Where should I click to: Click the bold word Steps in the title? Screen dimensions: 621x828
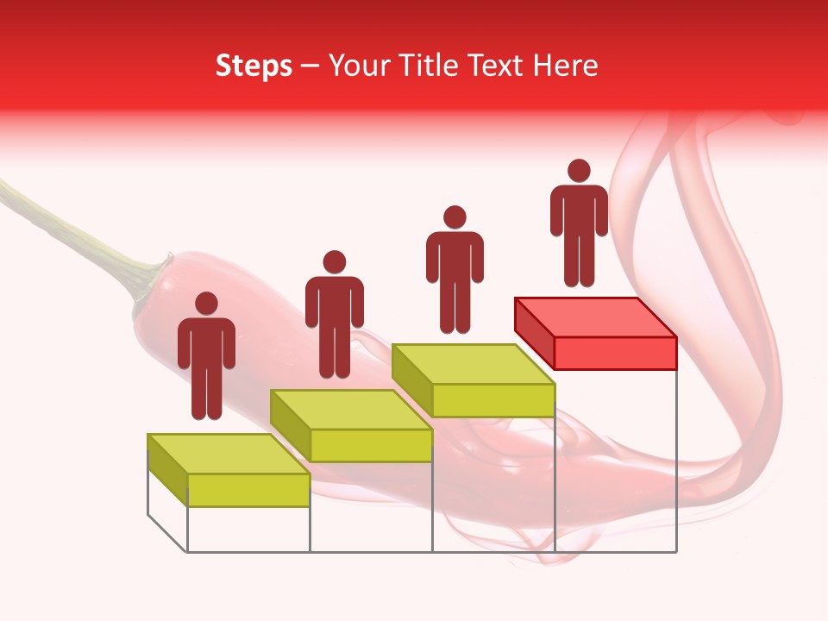(254, 66)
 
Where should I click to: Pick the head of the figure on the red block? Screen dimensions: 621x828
(579, 171)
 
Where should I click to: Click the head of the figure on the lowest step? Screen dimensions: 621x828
(206, 304)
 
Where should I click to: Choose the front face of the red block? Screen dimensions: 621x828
(615, 353)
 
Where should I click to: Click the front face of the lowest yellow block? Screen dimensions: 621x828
(248, 490)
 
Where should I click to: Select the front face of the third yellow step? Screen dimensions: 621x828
(492, 400)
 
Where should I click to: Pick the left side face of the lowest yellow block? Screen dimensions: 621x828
(167, 469)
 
